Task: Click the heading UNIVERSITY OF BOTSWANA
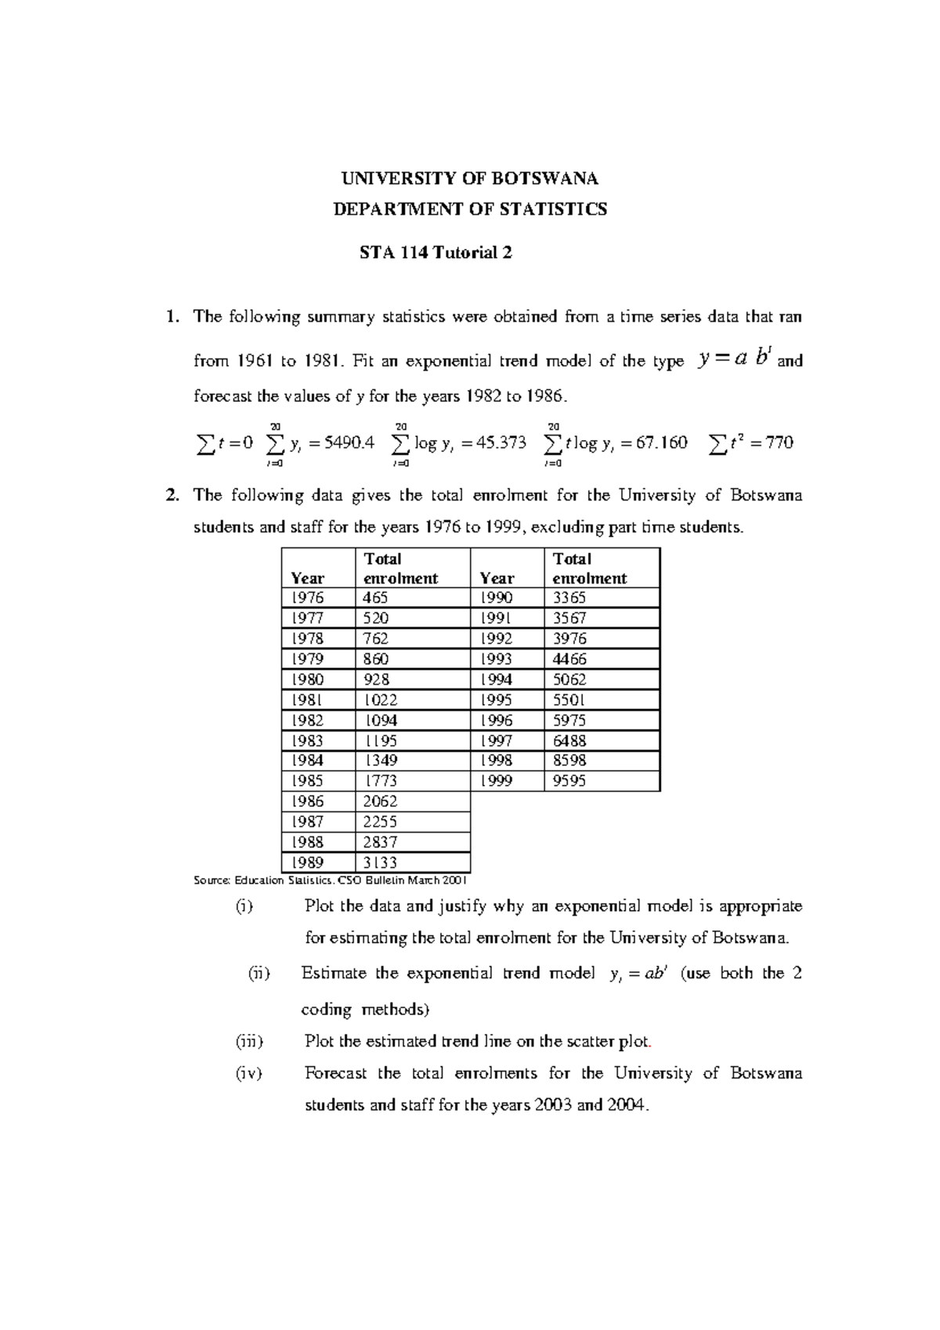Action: coord(469,179)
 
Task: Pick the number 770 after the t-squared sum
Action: coord(779,443)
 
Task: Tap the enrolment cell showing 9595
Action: coord(569,781)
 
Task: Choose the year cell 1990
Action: coord(496,598)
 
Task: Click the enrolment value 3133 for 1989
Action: coord(381,862)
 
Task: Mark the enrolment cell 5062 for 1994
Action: coord(569,679)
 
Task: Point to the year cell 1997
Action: coord(496,740)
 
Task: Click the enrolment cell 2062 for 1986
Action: coord(381,801)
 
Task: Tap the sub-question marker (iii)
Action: coord(250,1041)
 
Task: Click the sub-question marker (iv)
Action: coord(249,1073)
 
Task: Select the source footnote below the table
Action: coord(330,880)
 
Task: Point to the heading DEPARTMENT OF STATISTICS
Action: coord(470,209)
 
